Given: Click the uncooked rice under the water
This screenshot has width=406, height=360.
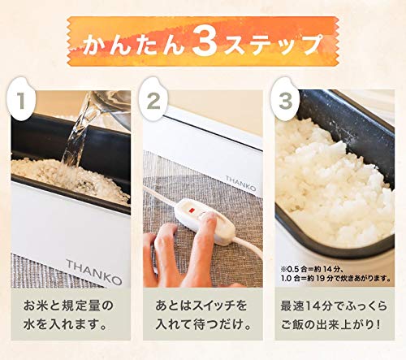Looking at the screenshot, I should pyautogui.click(x=65, y=175).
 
